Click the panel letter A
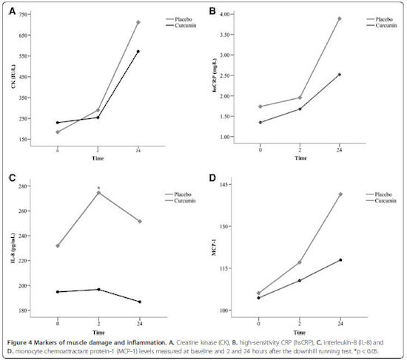click(x=12, y=11)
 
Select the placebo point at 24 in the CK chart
click(x=138, y=22)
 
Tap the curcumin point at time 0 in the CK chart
click(x=58, y=123)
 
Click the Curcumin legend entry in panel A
click(x=181, y=25)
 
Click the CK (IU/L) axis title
click(x=13, y=76)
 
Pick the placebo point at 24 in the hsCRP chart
click(x=339, y=18)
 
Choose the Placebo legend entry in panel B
click(x=380, y=19)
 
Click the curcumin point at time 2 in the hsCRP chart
click(x=300, y=109)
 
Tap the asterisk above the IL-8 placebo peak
click(x=98, y=188)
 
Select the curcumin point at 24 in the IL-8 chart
click(x=140, y=302)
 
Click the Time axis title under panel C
click(x=98, y=332)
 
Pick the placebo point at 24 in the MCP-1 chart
click(x=340, y=194)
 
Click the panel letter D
click(x=212, y=178)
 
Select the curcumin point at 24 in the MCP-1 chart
click(x=340, y=260)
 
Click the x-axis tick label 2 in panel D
click(x=300, y=324)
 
